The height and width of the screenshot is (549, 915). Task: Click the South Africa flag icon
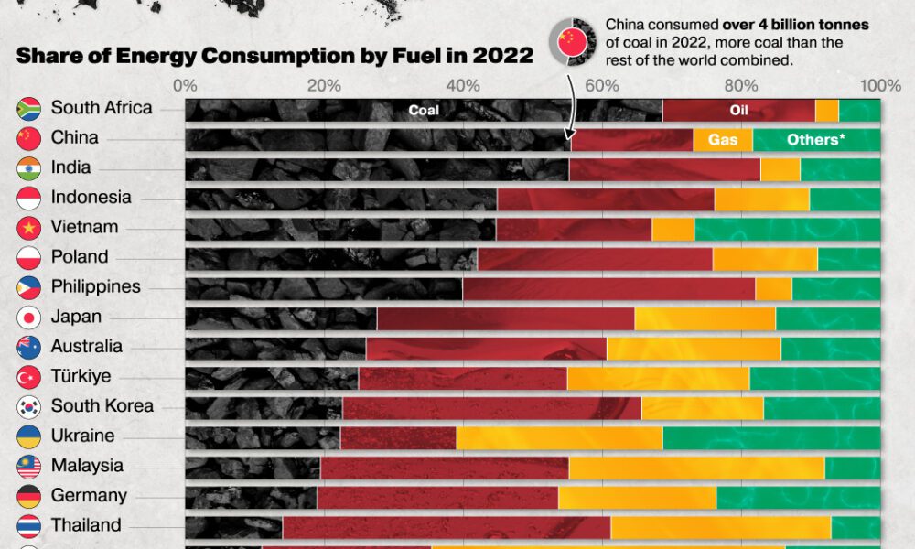(x=29, y=108)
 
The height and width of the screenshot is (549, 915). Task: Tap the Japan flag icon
(x=29, y=318)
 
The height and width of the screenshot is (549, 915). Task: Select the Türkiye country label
(x=81, y=376)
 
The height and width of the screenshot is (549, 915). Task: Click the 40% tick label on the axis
(x=463, y=85)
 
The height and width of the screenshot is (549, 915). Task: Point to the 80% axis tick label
(x=742, y=85)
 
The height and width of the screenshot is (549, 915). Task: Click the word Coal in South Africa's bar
(x=424, y=110)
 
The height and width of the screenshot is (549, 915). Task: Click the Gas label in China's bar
(x=723, y=140)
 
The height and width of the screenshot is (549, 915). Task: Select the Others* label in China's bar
(x=813, y=140)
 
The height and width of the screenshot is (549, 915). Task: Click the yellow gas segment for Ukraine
(x=559, y=437)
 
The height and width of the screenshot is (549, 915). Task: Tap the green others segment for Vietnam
(x=787, y=229)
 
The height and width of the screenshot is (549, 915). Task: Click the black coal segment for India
(x=376, y=169)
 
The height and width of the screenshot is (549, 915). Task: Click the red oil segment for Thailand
(x=446, y=527)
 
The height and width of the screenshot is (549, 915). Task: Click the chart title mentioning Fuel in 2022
(x=274, y=55)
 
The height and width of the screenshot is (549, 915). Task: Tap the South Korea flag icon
(x=29, y=407)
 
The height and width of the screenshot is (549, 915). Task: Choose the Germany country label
(x=89, y=495)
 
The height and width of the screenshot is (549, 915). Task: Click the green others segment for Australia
(x=830, y=349)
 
